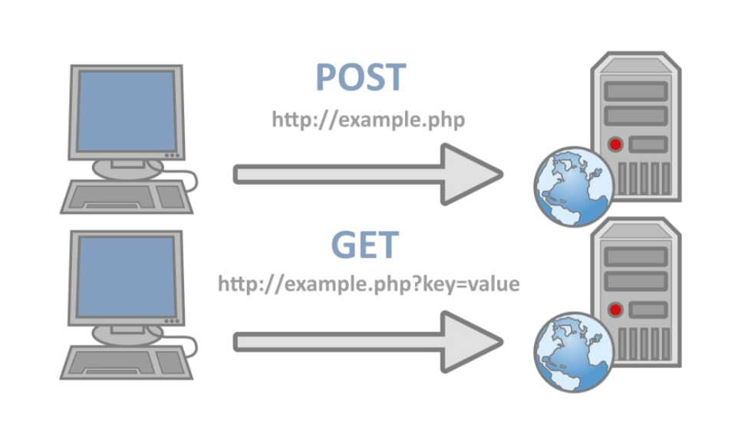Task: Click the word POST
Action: [x=361, y=78]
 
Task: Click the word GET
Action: [x=364, y=244]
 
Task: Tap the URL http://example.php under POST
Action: [x=368, y=120]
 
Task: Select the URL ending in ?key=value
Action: [x=368, y=284]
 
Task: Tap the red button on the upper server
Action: [x=615, y=144]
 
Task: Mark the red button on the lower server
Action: [x=615, y=309]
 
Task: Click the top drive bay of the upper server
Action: [x=636, y=91]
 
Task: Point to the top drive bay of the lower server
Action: [x=636, y=257]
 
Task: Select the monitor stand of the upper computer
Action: [x=127, y=167]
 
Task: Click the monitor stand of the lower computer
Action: [x=127, y=333]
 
